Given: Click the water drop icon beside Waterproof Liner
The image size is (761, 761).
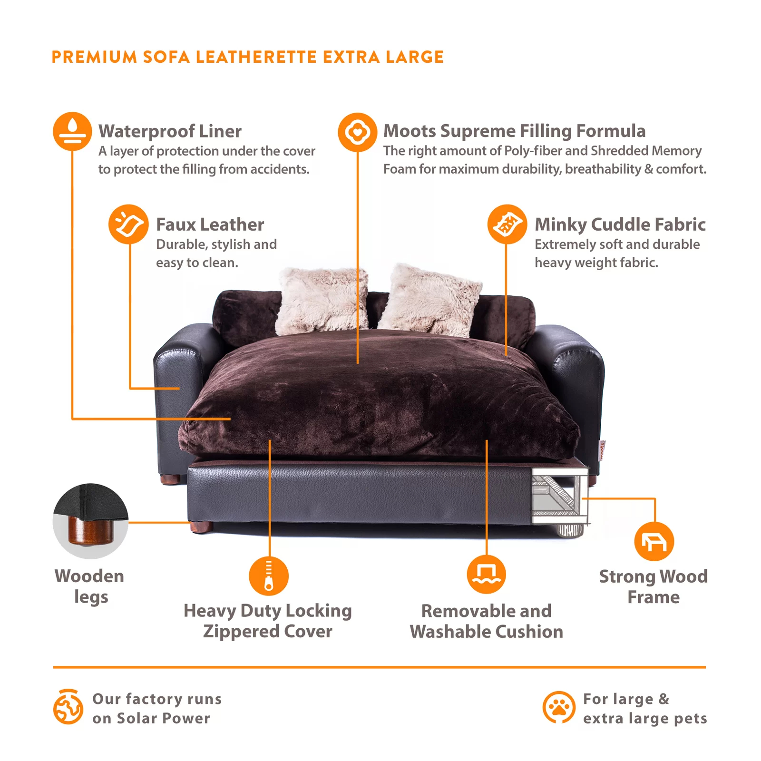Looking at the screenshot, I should pos(72,131).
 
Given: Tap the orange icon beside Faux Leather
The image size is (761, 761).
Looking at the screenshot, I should pos(128,224).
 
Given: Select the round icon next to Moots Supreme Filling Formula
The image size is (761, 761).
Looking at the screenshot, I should pos(357,132).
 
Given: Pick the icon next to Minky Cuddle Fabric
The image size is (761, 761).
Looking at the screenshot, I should pos(507,224).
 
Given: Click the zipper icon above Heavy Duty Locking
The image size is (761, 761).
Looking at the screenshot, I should pos(269,576).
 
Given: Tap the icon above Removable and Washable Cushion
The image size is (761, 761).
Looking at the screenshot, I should pos(486,574).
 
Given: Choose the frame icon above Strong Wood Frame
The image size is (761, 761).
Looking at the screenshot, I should pos(654,541).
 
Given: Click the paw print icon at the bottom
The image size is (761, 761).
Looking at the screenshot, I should pos(559,707).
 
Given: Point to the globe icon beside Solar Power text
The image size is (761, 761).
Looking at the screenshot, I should pos(68,707).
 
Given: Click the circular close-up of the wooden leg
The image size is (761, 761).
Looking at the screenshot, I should pos(90,521).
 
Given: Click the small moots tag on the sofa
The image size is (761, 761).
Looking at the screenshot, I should pos(602,450).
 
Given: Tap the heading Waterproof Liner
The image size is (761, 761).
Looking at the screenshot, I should pos(170,131).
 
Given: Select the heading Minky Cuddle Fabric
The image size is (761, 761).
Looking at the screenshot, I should pos(620,224).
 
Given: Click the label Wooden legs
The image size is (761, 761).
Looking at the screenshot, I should pos(90,586).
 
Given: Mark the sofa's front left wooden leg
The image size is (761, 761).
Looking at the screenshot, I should pos(201,527).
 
